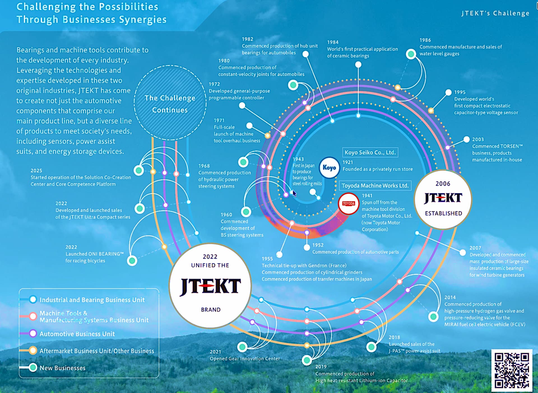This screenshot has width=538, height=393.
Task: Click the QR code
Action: pos(512,370)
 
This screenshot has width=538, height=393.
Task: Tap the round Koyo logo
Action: pos(329,168)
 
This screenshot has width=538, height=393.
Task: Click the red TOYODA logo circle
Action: pos(349,204)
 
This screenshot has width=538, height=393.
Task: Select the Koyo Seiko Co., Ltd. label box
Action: pos(370,152)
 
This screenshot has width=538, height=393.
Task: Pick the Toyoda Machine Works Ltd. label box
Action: pos(375,186)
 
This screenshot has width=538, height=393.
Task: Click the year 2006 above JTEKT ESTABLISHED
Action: pos(443,184)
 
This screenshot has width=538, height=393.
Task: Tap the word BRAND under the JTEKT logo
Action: pos(211,310)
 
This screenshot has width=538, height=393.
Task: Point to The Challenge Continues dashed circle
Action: pos(170,103)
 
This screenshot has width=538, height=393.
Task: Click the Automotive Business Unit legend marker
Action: pos(33,333)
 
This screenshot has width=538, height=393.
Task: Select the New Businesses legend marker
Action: pos(33,367)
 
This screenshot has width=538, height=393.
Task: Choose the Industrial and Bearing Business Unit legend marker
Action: pos(33,300)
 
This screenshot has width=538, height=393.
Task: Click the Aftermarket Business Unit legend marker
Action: pos(33,351)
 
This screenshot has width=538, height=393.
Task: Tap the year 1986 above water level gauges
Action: pos(425,40)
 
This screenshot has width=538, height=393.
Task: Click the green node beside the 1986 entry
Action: pos(411,54)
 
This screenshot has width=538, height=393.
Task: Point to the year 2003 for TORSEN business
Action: pos(478,139)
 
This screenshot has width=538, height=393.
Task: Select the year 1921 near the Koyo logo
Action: pos(348,162)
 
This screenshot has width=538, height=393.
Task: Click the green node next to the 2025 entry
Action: pos(138,170)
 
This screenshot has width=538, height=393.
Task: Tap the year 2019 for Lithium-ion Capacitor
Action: pos(321,367)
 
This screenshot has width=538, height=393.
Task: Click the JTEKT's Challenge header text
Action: pos(495,13)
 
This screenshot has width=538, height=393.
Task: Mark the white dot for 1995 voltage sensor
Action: pos(448,92)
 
